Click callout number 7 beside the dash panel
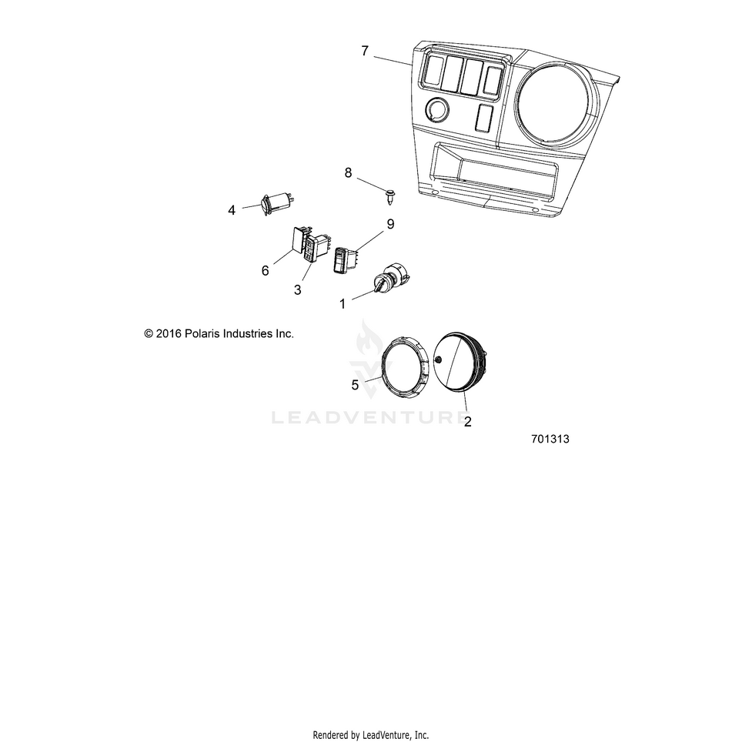[x=365, y=52]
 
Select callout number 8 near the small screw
[x=348, y=173]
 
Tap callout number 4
[x=232, y=209]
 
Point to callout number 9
[x=390, y=224]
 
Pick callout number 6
[x=266, y=270]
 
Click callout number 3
[x=297, y=289]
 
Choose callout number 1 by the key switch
[x=342, y=304]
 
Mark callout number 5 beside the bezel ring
[x=355, y=385]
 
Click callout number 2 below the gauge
[x=467, y=421]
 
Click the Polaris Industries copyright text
[x=219, y=334]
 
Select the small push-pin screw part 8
[x=390, y=197]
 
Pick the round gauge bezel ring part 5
[x=403, y=367]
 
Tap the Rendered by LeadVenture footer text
[x=370, y=735]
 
